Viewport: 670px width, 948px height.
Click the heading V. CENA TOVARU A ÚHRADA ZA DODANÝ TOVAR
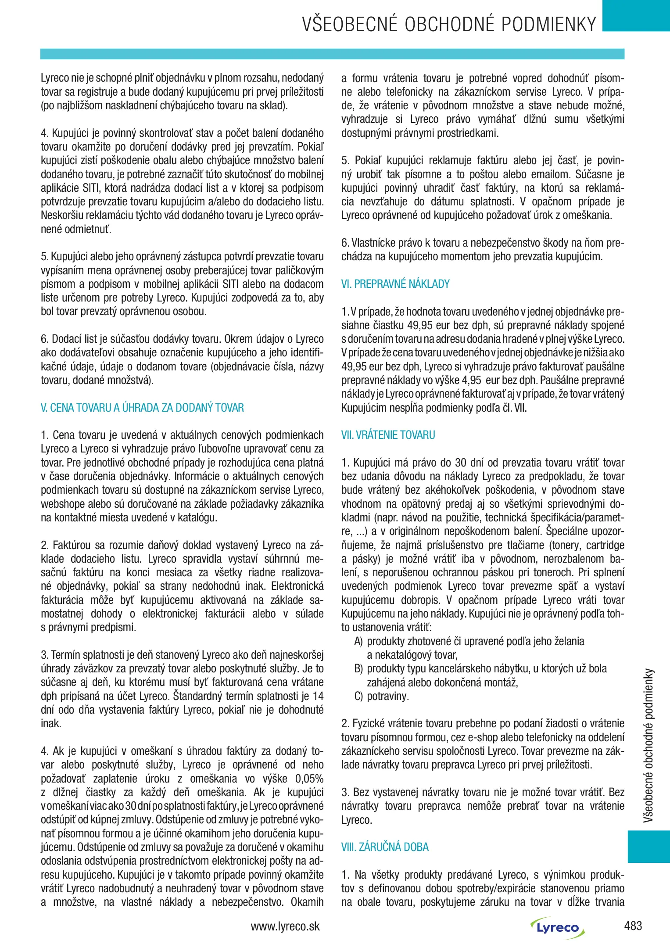point(142,408)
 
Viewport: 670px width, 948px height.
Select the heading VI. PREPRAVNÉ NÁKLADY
point(395,284)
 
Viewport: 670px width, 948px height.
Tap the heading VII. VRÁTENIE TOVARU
point(388,435)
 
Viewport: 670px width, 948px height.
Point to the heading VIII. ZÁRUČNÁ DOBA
point(385,847)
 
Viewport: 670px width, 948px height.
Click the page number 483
point(633,926)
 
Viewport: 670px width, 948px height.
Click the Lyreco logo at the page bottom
point(557,928)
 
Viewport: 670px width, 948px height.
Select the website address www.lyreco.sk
point(285,926)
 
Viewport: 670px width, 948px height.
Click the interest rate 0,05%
point(309,779)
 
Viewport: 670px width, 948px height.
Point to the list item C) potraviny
point(381,696)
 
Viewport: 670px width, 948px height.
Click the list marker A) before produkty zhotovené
point(358,642)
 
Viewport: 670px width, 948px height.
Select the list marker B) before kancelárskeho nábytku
point(358,669)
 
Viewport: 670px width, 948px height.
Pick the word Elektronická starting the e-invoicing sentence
point(297,586)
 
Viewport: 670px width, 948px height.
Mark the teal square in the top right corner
point(636,15)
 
